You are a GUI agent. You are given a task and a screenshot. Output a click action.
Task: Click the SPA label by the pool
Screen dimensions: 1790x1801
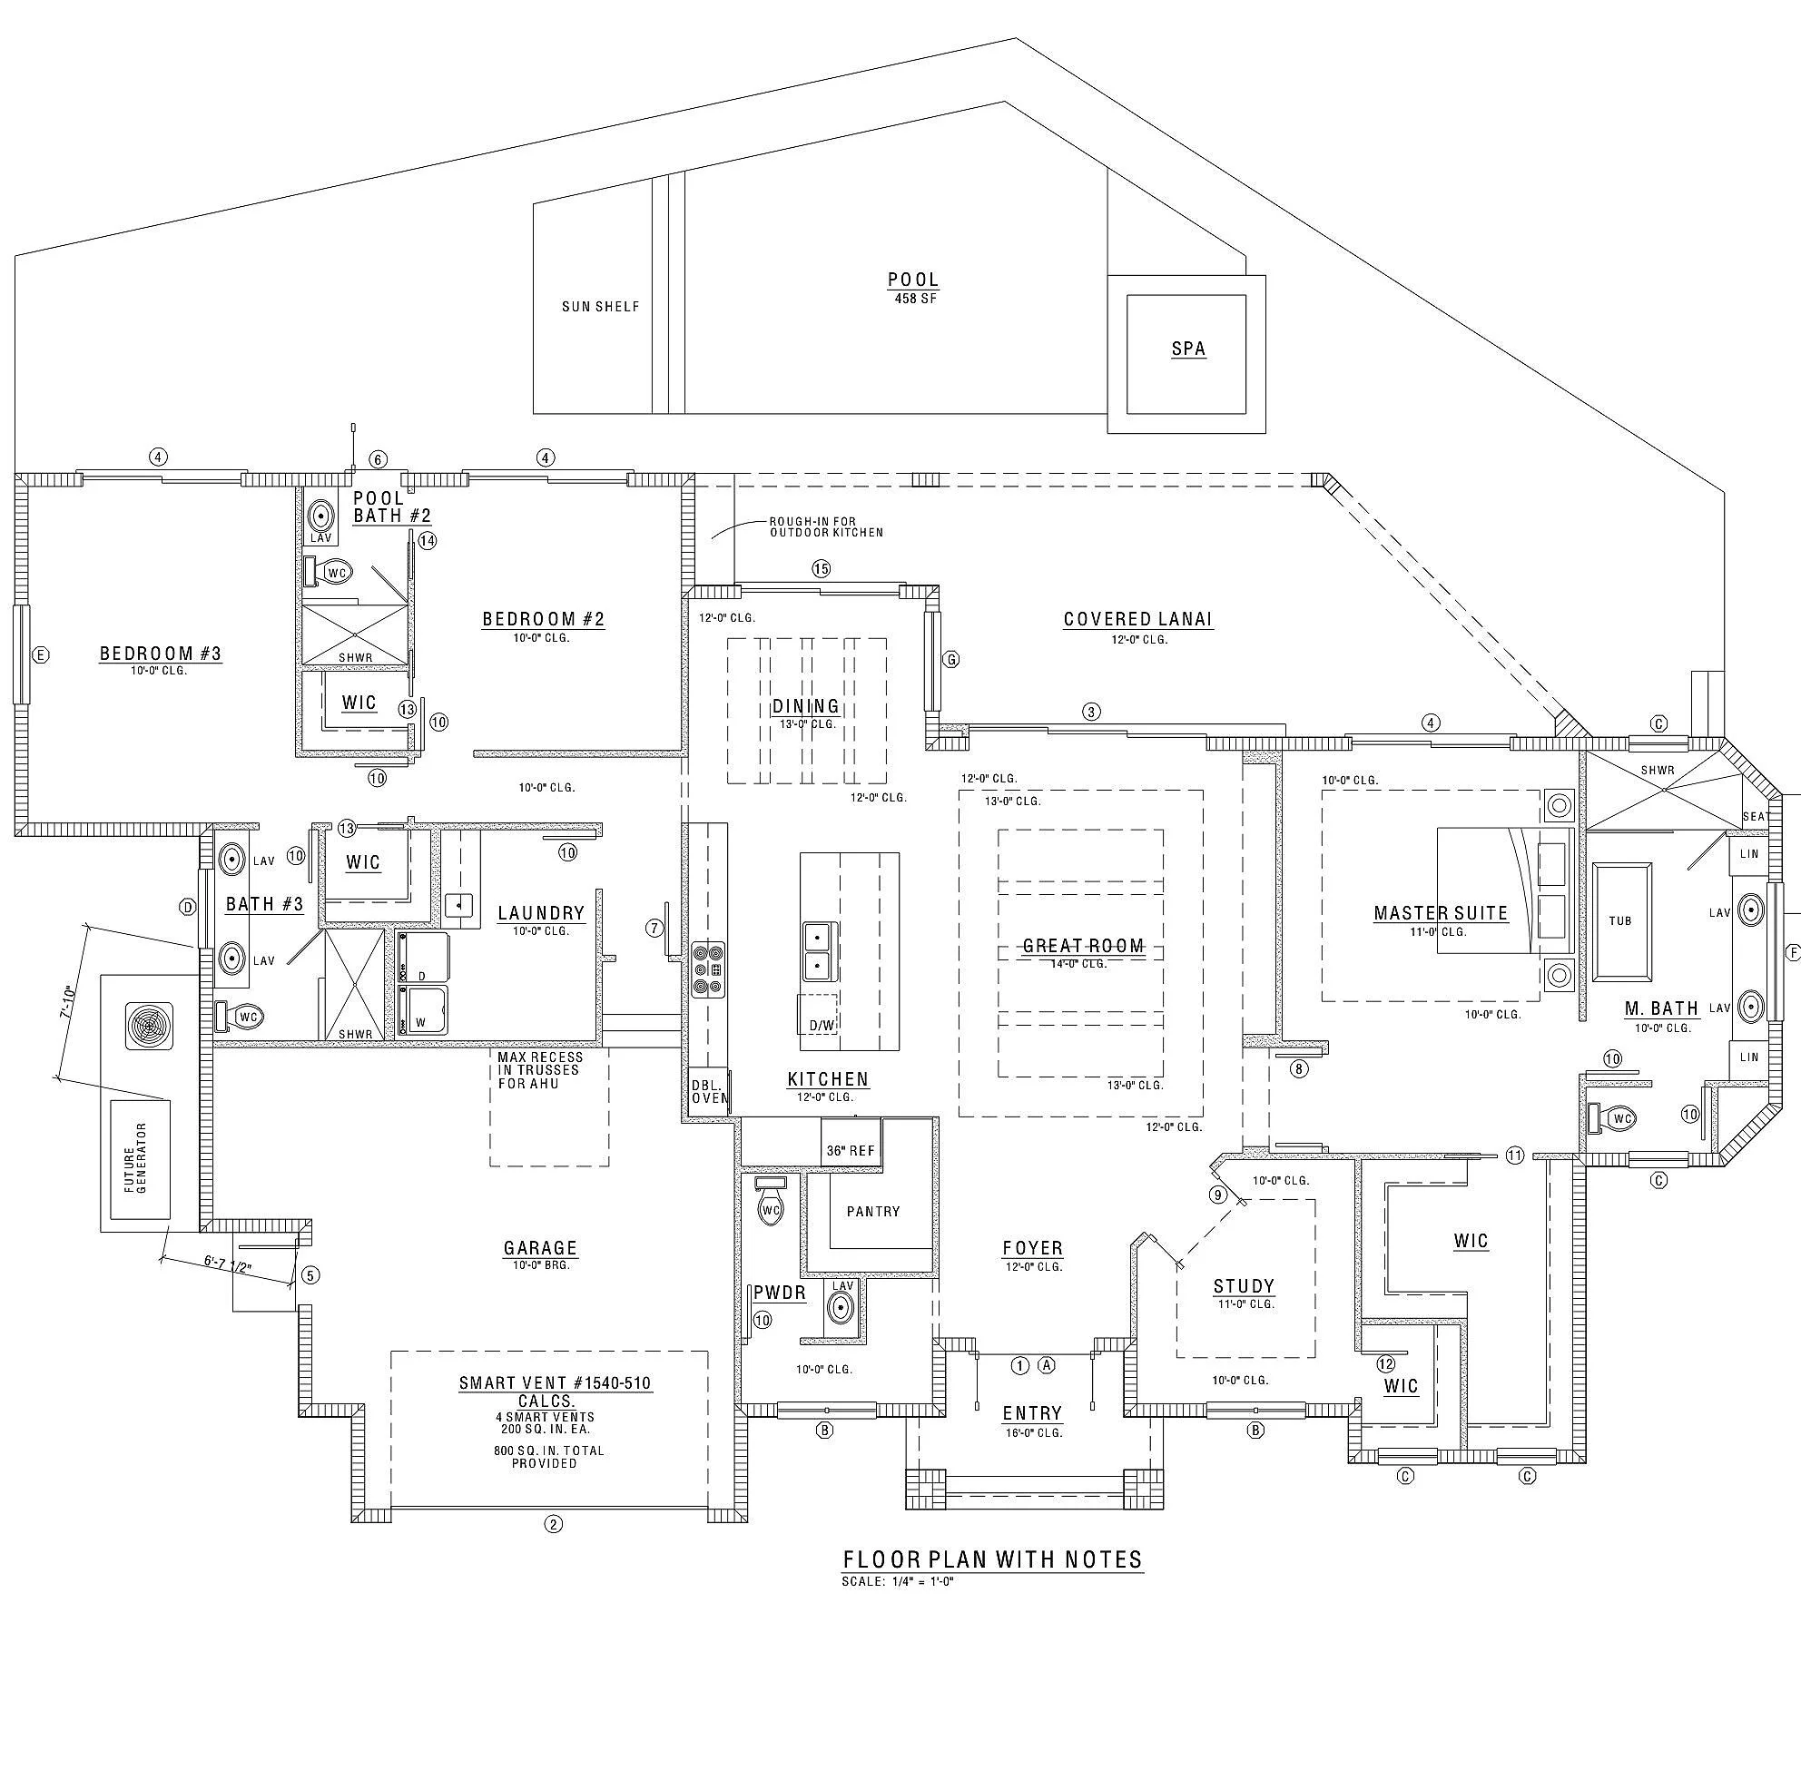tap(1187, 349)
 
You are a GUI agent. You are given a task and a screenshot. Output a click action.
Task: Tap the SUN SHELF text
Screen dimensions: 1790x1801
tap(600, 307)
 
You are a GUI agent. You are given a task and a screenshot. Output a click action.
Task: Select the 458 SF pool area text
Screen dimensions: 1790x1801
tap(913, 299)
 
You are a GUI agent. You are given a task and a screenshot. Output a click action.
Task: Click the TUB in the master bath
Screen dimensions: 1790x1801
tap(1620, 921)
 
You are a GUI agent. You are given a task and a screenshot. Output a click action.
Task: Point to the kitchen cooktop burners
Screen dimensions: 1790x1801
tap(708, 969)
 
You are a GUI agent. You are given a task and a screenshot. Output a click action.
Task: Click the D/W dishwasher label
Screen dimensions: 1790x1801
tap(822, 1026)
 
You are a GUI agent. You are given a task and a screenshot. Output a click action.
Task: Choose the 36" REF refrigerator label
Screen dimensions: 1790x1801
tap(851, 1150)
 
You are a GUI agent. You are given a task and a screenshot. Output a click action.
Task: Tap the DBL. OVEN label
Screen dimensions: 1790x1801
tap(708, 1092)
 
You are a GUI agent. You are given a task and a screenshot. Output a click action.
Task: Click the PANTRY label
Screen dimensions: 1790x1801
tap(872, 1211)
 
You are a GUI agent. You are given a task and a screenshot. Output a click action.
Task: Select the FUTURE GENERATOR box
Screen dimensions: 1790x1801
tap(140, 1158)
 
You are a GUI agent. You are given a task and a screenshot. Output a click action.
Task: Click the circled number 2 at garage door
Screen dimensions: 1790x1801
tap(553, 1524)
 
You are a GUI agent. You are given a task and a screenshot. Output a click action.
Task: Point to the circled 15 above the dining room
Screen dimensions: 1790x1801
tap(821, 569)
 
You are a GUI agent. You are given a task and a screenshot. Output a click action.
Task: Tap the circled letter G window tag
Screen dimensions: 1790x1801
tap(950, 659)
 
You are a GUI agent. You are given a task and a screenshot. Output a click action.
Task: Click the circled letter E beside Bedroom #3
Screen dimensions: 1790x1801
tap(40, 655)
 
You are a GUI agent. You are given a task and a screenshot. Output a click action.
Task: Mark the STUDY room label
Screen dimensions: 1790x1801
tap(1244, 1286)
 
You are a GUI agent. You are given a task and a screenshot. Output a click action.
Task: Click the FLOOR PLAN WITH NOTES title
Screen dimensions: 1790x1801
tap(992, 1559)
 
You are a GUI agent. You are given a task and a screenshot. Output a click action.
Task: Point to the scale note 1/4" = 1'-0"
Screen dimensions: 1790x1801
tap(897, 1581)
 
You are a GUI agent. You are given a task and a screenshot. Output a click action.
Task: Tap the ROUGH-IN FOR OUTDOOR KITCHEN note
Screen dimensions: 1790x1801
tap(826, 526)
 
